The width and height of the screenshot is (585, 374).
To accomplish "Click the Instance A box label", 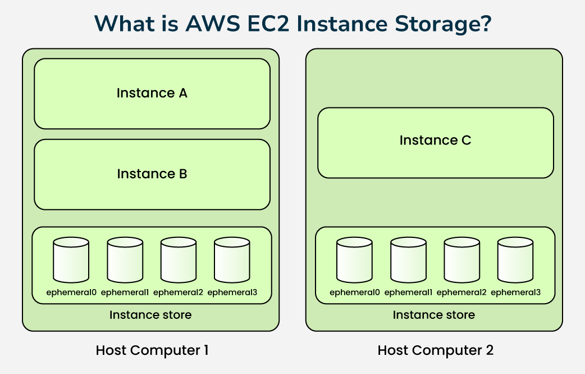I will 152,93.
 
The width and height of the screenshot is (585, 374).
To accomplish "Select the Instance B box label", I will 152,174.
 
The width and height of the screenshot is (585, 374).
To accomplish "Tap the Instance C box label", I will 435,141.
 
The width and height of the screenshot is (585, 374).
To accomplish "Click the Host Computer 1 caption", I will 152,350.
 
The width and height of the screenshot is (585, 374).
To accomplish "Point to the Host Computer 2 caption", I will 435,350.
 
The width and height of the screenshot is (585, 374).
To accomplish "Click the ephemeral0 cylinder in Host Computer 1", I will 71,260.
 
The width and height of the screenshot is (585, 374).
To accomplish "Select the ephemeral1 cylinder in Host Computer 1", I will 125,260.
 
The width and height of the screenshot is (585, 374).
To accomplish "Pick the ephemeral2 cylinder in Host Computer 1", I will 179,260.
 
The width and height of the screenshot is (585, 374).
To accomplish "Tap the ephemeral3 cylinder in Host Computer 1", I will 232,260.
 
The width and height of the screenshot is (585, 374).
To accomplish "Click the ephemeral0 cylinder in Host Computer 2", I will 354,260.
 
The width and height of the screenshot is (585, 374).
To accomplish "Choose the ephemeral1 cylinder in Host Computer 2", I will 408,260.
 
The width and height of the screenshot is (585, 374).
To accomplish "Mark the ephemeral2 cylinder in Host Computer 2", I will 461,260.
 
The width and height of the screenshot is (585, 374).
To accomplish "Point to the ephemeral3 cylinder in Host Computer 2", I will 515,260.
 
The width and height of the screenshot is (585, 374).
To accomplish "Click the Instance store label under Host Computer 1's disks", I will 150,315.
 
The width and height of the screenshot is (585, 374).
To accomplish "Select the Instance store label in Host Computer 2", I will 433,315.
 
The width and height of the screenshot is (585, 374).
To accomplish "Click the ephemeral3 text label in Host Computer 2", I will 515,292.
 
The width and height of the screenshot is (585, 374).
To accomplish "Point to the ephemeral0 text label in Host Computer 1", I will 71,292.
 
